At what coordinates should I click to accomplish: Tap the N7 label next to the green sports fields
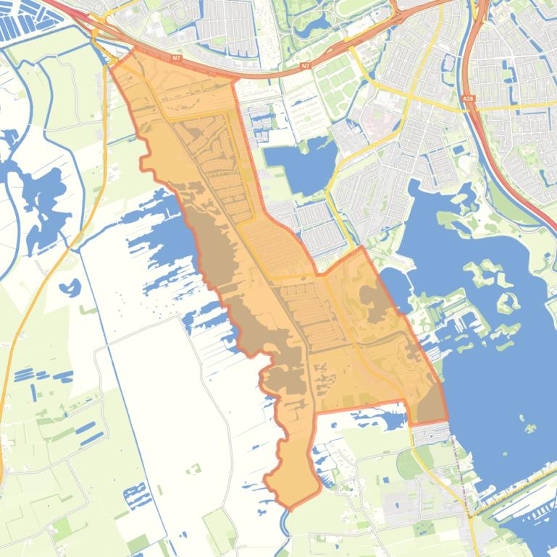[305, 66]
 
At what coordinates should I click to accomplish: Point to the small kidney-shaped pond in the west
[70, 287]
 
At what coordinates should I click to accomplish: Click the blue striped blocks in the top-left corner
[22, 22]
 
